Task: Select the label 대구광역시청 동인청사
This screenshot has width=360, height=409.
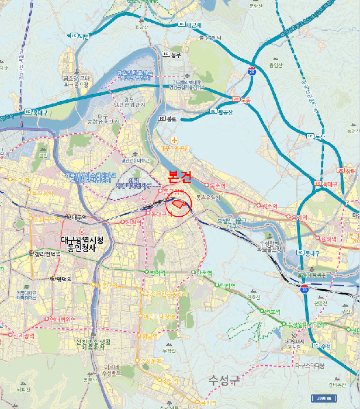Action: (81, 242)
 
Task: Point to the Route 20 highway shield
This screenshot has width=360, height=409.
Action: (252, 70)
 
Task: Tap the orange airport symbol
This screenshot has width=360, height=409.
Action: (174, 140)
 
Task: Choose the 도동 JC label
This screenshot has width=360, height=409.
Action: (242, 100)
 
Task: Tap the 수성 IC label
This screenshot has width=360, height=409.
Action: (323, 346)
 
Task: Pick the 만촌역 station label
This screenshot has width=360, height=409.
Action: (204, 272)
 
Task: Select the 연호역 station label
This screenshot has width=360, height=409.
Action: (269, 311)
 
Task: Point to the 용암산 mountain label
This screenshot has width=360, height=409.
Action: (276, 65)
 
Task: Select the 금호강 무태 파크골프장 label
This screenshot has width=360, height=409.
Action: (76, 81)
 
